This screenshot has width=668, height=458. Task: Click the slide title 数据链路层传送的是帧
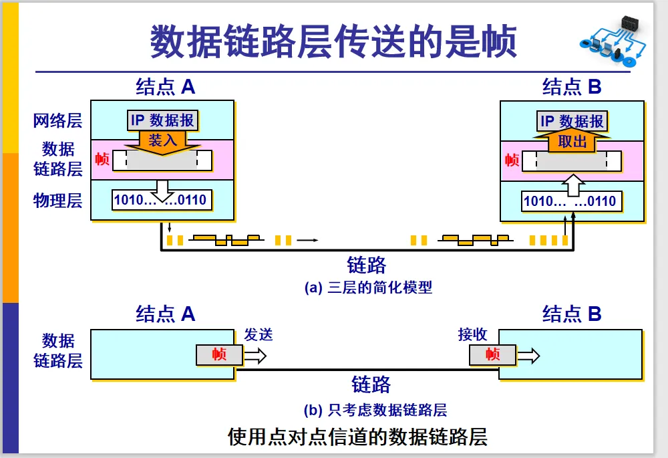333,41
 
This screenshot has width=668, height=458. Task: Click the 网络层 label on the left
58,121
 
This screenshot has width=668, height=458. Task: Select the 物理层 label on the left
58,200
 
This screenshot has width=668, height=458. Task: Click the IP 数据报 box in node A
162,120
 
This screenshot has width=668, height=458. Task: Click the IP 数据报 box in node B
572,121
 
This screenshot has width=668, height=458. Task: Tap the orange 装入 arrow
162,142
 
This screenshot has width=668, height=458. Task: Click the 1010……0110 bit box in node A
160,200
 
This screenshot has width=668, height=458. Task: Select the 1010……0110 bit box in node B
570,201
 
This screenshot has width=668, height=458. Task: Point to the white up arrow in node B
572,184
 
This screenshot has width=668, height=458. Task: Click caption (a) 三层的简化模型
368,288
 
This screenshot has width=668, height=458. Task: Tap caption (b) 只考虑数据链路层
375,410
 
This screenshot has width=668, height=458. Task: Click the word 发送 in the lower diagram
259,335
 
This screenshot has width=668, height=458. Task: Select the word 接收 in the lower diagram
472,335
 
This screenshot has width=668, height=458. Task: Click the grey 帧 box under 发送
220,355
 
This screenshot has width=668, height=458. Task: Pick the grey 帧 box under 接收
492,355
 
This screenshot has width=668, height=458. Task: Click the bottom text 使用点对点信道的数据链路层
357,437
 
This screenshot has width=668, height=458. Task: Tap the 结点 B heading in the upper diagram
572,87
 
